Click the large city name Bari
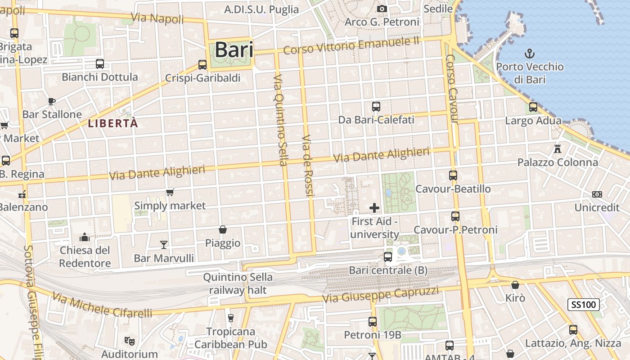[x=234, y=49]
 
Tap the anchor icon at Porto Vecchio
[x=530, y=54]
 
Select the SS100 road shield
[x=583, y=305]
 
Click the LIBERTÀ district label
[x=112, y=123]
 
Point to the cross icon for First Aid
[x=374, y=207]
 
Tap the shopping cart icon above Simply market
[x=170, y=193]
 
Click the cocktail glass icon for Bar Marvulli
[x=164, y=244]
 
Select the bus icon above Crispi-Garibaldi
[x=202, y=65]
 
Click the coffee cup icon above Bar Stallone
[x=52, y=101]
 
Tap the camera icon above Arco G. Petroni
[x=382, y=9]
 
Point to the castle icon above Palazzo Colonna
[x=558, y=148]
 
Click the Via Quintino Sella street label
[x=280, y=120]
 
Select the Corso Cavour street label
[x=451, y=90]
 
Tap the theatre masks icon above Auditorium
[x=130, y=341]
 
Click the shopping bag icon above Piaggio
[x=222, y=229]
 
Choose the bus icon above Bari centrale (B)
[x=387, y=257]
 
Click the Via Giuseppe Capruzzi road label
[x=380, y=295]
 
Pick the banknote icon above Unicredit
[x=597, y=194]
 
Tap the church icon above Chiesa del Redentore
[x=85, y=237]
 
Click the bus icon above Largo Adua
[x=533, y=107]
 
